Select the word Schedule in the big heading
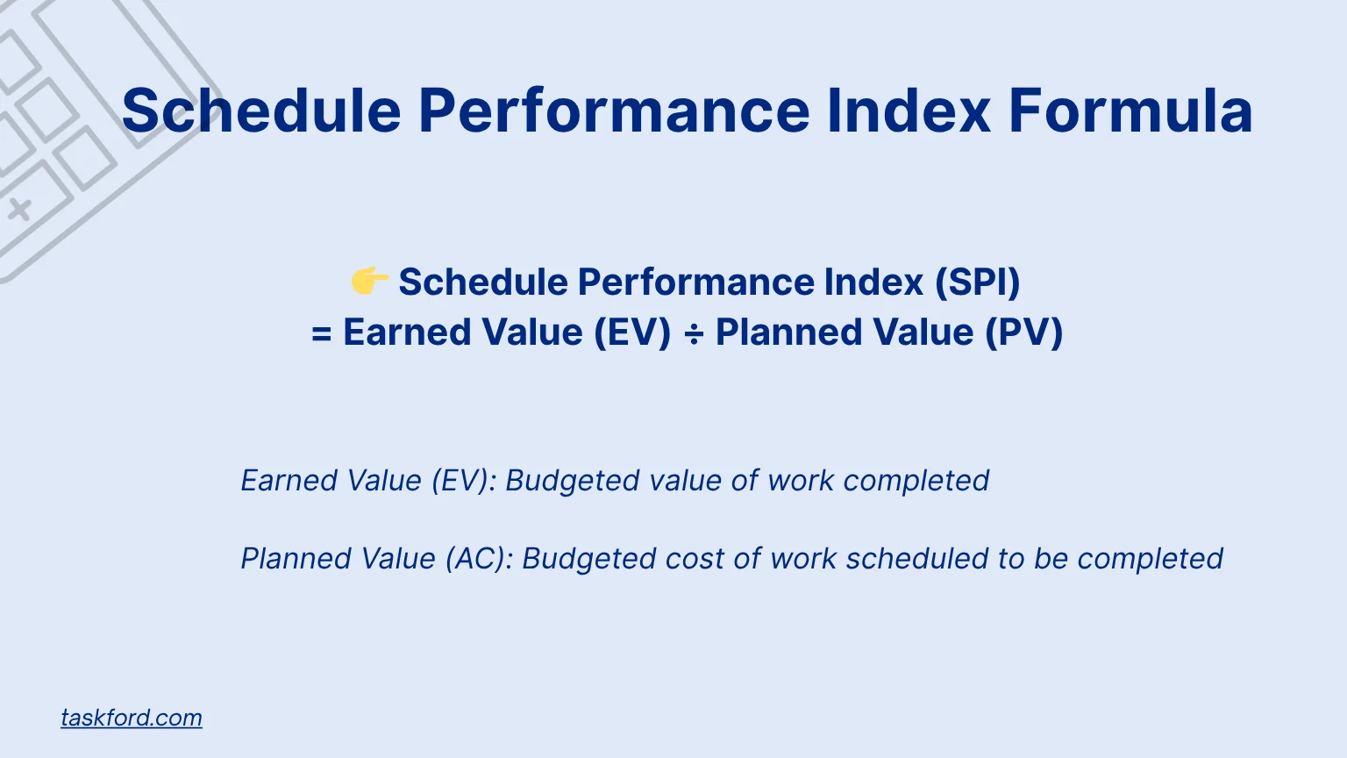click(x=261, y=111)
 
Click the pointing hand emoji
click(x=369, y=282)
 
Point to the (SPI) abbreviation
click(x=977, y=282)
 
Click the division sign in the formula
click(x=693, y=334)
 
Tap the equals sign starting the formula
click(x=322, y=334)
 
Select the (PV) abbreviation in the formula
click(x=1023, y=333)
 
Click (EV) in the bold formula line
click(x=632, y=333)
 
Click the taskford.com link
click(x=132, y=718)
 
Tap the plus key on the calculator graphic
click(x=20, y=209)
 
